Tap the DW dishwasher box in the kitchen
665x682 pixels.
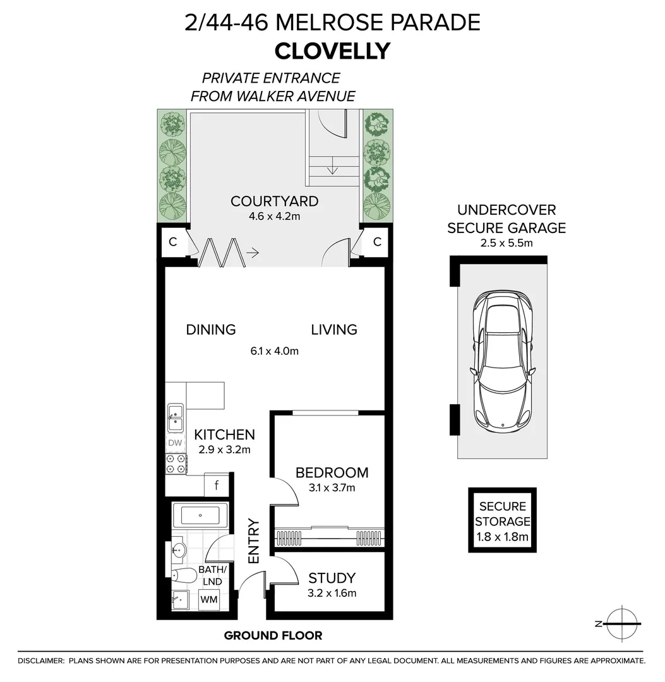click(175, 443)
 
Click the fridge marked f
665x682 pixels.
click(217, 486)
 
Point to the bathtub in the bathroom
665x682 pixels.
click(200, 515)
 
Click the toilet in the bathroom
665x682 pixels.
click(184, 575)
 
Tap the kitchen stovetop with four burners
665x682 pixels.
click(176, 464)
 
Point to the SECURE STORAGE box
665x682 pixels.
click(502, 521)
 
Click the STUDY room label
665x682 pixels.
click(332, 578)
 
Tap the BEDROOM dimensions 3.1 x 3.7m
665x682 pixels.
click(332, 488)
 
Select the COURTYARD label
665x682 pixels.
click(274, 201)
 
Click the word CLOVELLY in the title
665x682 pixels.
click(332, 51)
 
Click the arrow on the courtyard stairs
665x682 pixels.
click(333, 169)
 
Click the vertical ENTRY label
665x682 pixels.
click(254, 541)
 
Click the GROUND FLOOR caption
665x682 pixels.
click(273, 635)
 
